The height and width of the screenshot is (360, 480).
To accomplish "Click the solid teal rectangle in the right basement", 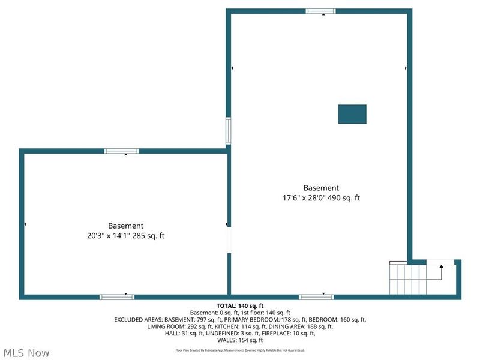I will (x=352, y=114).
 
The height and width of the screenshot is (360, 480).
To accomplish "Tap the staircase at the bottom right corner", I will (x=408, y=279).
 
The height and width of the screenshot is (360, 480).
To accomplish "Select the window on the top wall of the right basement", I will (x=321, y=11).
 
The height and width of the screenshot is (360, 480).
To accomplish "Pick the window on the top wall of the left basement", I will (x=121, y=151).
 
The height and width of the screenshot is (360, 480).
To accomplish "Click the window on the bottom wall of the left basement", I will (x=117, y=296).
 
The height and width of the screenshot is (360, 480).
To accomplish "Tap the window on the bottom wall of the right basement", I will (x=316, y=296).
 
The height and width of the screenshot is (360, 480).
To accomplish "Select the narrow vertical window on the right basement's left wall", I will (x=228, y=130).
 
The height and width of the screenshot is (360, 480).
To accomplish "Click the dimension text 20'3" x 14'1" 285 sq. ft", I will (x=125, y=236).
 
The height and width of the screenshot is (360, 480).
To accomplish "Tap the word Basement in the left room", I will (x=125, y=226).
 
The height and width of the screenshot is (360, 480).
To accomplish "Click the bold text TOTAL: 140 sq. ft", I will (x=240, y=305).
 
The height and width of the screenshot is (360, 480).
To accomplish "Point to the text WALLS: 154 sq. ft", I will (x=240, y=340).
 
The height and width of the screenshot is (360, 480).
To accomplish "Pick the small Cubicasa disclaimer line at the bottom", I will (x=240, y=350).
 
